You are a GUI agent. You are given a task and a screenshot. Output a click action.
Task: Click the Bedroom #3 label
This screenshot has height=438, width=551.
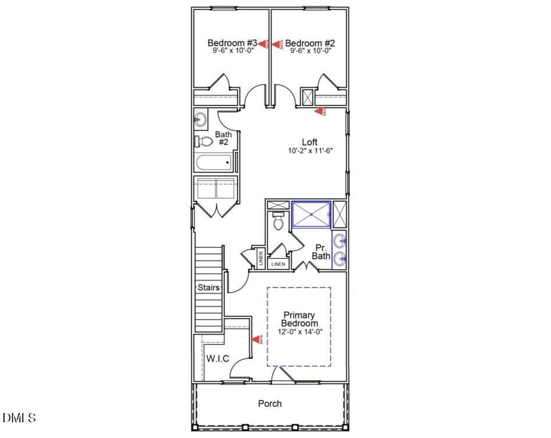[x=223, y=43]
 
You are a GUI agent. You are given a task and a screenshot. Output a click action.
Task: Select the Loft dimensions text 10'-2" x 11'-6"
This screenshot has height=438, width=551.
[x=311, y=151]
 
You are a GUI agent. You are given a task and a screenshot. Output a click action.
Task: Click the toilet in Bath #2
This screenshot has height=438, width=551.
[x=205, y=142]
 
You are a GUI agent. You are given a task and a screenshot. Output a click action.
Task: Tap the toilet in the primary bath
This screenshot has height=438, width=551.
[x=278, y=222]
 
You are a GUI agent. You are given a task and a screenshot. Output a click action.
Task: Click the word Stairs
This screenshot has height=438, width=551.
[x=208, y=287]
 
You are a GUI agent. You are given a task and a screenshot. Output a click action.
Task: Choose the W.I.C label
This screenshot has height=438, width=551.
[x=218, y=359]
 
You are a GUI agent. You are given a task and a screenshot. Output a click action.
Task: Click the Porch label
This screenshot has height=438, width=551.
[x=270, y=404]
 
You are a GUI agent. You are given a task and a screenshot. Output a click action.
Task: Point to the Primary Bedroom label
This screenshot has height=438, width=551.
[x=300, y=319]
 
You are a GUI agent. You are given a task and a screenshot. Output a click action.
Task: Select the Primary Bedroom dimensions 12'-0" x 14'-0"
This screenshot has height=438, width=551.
[x=300, y=331]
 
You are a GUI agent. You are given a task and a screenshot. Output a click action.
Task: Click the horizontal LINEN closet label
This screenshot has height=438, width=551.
[x=278, y=264]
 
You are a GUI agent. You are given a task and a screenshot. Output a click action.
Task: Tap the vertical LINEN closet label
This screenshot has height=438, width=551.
[x=260, y=258]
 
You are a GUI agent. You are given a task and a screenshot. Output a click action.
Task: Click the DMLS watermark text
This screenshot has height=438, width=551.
[x=19, y=418]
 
